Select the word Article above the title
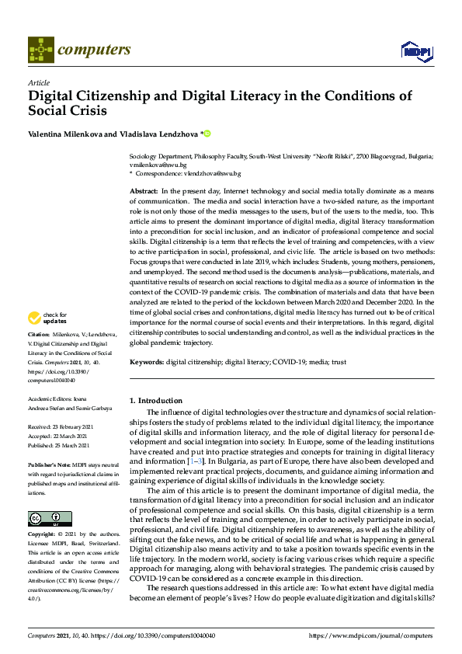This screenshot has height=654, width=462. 38,83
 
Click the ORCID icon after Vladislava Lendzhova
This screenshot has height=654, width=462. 207,134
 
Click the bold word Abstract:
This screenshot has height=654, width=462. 144,190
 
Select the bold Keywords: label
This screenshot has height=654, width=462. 147,362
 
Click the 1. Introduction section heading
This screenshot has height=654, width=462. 156,401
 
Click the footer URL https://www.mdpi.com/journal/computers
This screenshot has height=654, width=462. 371,635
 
